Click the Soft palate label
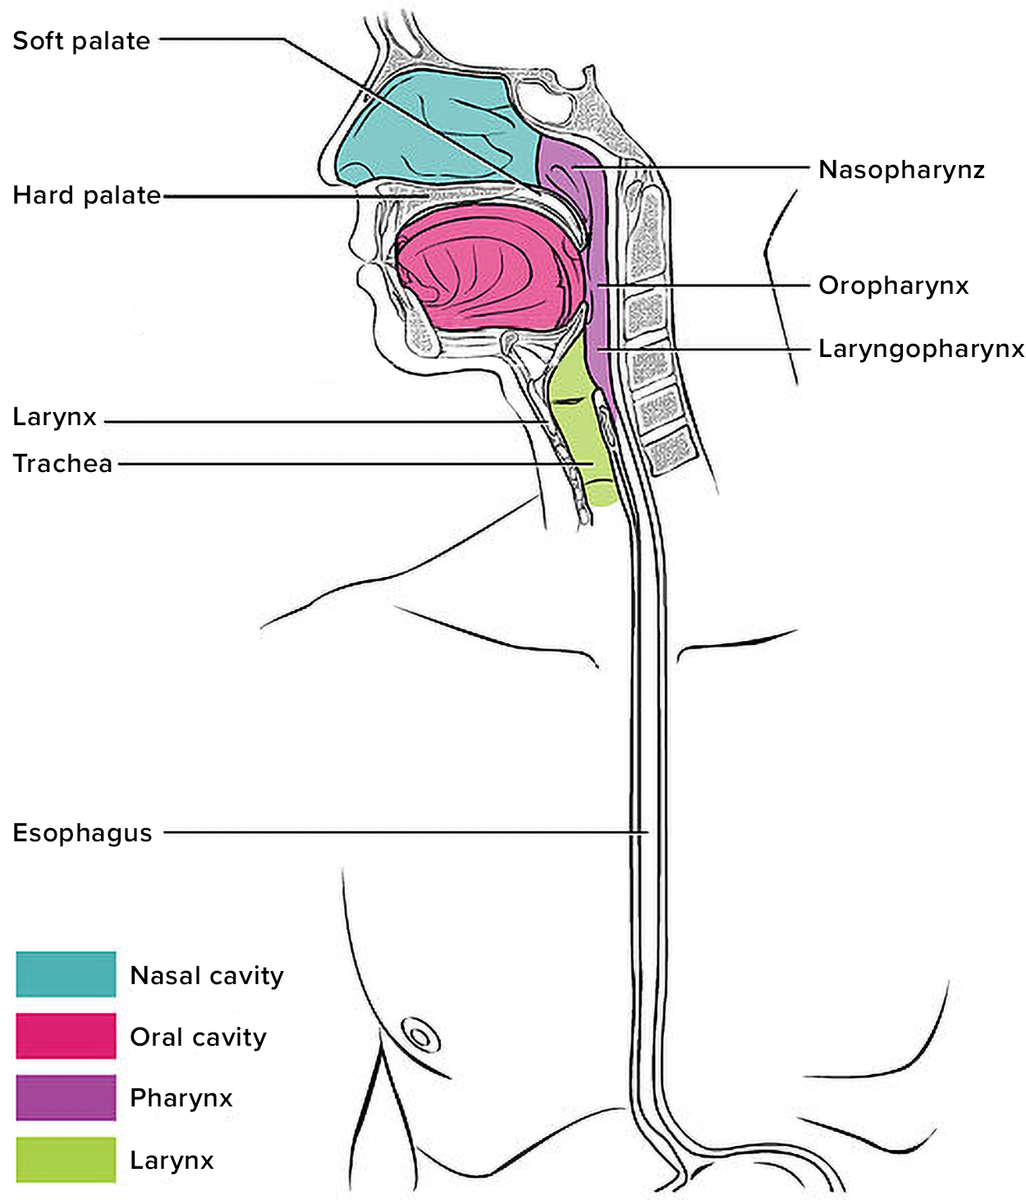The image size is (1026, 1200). pyautogui.click(x=81, y=41)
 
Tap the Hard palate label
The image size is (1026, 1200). pyautogui.click(x=86, y=195)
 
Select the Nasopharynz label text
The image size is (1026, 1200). pyautogui.click(x=901, y=170)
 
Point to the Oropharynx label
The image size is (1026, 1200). pyautogui.click(x=893, y=286)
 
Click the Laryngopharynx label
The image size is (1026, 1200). pyautogui.click(x=921, y=349)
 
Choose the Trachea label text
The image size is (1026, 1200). pyautogui.click(x=62, y=464)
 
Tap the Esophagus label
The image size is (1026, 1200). pyautogui.click(x=82, y=833)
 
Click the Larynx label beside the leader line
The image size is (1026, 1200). pyautogui.click(x=54, y=417)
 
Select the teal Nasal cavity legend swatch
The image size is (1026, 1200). pyautogui.click(x=66, y=974)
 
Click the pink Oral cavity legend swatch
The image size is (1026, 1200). pyautogui.click(x=66, y=1036)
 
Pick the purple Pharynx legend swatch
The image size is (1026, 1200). pyautogui.click(x=66, y=1097)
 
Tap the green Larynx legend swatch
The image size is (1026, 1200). pyautogui.click(x=66, y=1159)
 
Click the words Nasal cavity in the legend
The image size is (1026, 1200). pyautogui.click(x=207, y=975)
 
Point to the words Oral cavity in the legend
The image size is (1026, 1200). pyautogui.click(x=198, y=1037)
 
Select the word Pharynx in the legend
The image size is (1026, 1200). pyautogui.click(x=181, y=1098)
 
